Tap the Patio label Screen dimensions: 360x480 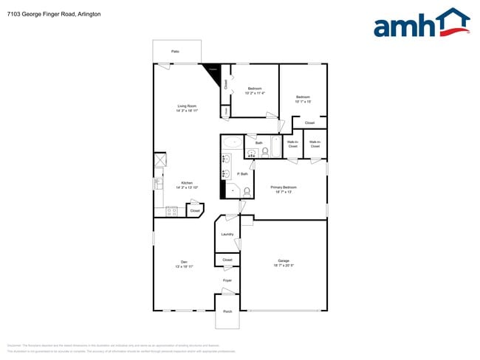pos(176,52)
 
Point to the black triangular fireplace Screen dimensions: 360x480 pos(214,72)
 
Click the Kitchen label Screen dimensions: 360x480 pos(186,184)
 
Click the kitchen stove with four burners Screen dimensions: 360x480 pos(171,211)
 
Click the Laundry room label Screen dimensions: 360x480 pos(227,235)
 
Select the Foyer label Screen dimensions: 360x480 pos(227,280)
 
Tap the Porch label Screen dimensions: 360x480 pos(227,311)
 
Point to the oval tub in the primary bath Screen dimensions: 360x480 pos(233,143)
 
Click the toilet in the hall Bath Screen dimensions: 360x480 pos(265,152)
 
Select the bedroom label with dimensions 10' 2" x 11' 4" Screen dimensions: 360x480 pos(254,90)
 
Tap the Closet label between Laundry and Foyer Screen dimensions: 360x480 pos(227,260)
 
